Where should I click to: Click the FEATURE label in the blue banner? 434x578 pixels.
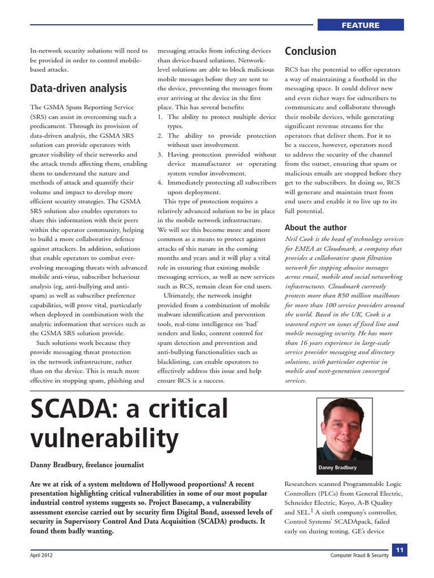(x=360, y=25)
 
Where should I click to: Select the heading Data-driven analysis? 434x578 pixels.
(x=78, y=88)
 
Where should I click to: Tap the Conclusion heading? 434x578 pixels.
(x=310, y=51)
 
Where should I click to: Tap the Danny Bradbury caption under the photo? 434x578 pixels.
(x=338, y=468)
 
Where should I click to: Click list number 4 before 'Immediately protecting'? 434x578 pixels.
(x=160, y=182)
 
